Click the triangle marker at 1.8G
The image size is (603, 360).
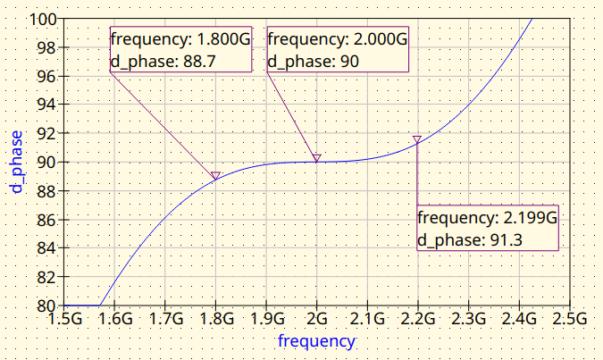(215, 176)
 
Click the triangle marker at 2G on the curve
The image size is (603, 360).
(316, 158)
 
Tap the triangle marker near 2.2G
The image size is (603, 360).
(417, 138)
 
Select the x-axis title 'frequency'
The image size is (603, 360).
(316, 341)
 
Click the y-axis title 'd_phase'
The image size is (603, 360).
(15, 162)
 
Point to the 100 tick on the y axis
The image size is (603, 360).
(46, 19)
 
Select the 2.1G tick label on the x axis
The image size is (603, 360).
(367, 318)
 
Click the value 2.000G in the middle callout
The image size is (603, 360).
(379, 40)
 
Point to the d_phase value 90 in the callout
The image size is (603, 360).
(348, 62)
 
